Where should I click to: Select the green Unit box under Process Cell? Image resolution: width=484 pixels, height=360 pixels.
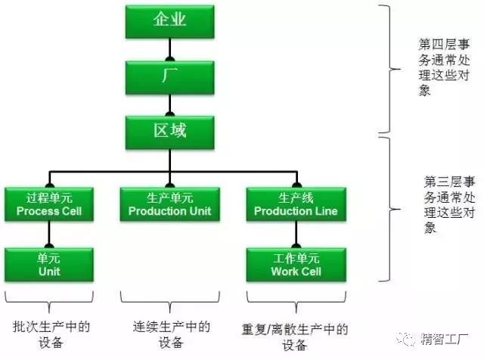click(48, 265)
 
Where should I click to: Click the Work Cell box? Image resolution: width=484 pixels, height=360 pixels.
click(296, 265)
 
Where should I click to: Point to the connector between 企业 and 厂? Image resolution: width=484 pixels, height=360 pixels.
click(171, 49)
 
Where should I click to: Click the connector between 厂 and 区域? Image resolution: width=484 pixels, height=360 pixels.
click(171, 104)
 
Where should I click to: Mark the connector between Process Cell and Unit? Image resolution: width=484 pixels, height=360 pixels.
click(48, 235)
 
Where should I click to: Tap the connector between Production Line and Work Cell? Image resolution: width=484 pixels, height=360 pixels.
click(296, 235)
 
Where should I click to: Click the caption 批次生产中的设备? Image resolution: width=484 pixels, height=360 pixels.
click(51, 335)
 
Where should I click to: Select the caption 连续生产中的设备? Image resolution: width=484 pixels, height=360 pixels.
click(171, 335)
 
